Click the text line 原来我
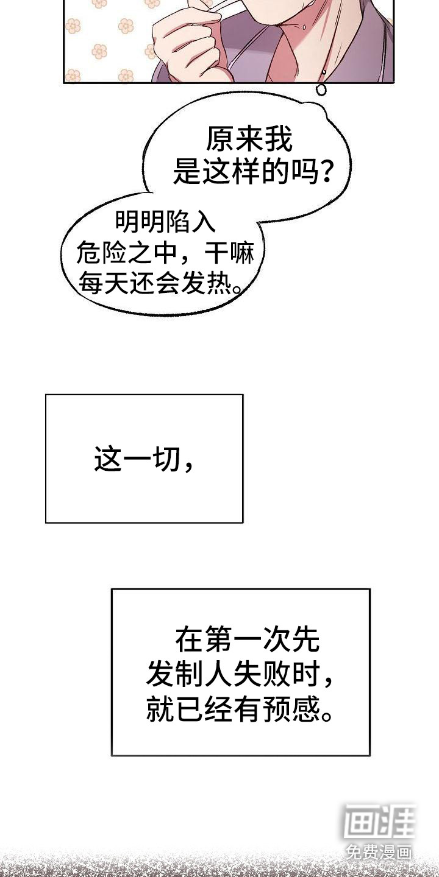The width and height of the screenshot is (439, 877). coord(249,139)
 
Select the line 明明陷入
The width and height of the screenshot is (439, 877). coord(166,222)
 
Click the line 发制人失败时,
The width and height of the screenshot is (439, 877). coord(240,674)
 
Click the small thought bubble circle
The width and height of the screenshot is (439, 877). coord(321,90)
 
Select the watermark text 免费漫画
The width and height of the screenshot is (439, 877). coord(379,851)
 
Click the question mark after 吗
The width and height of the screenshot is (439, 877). coord(325,172)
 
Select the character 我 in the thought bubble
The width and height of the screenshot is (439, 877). coord(279,139)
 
